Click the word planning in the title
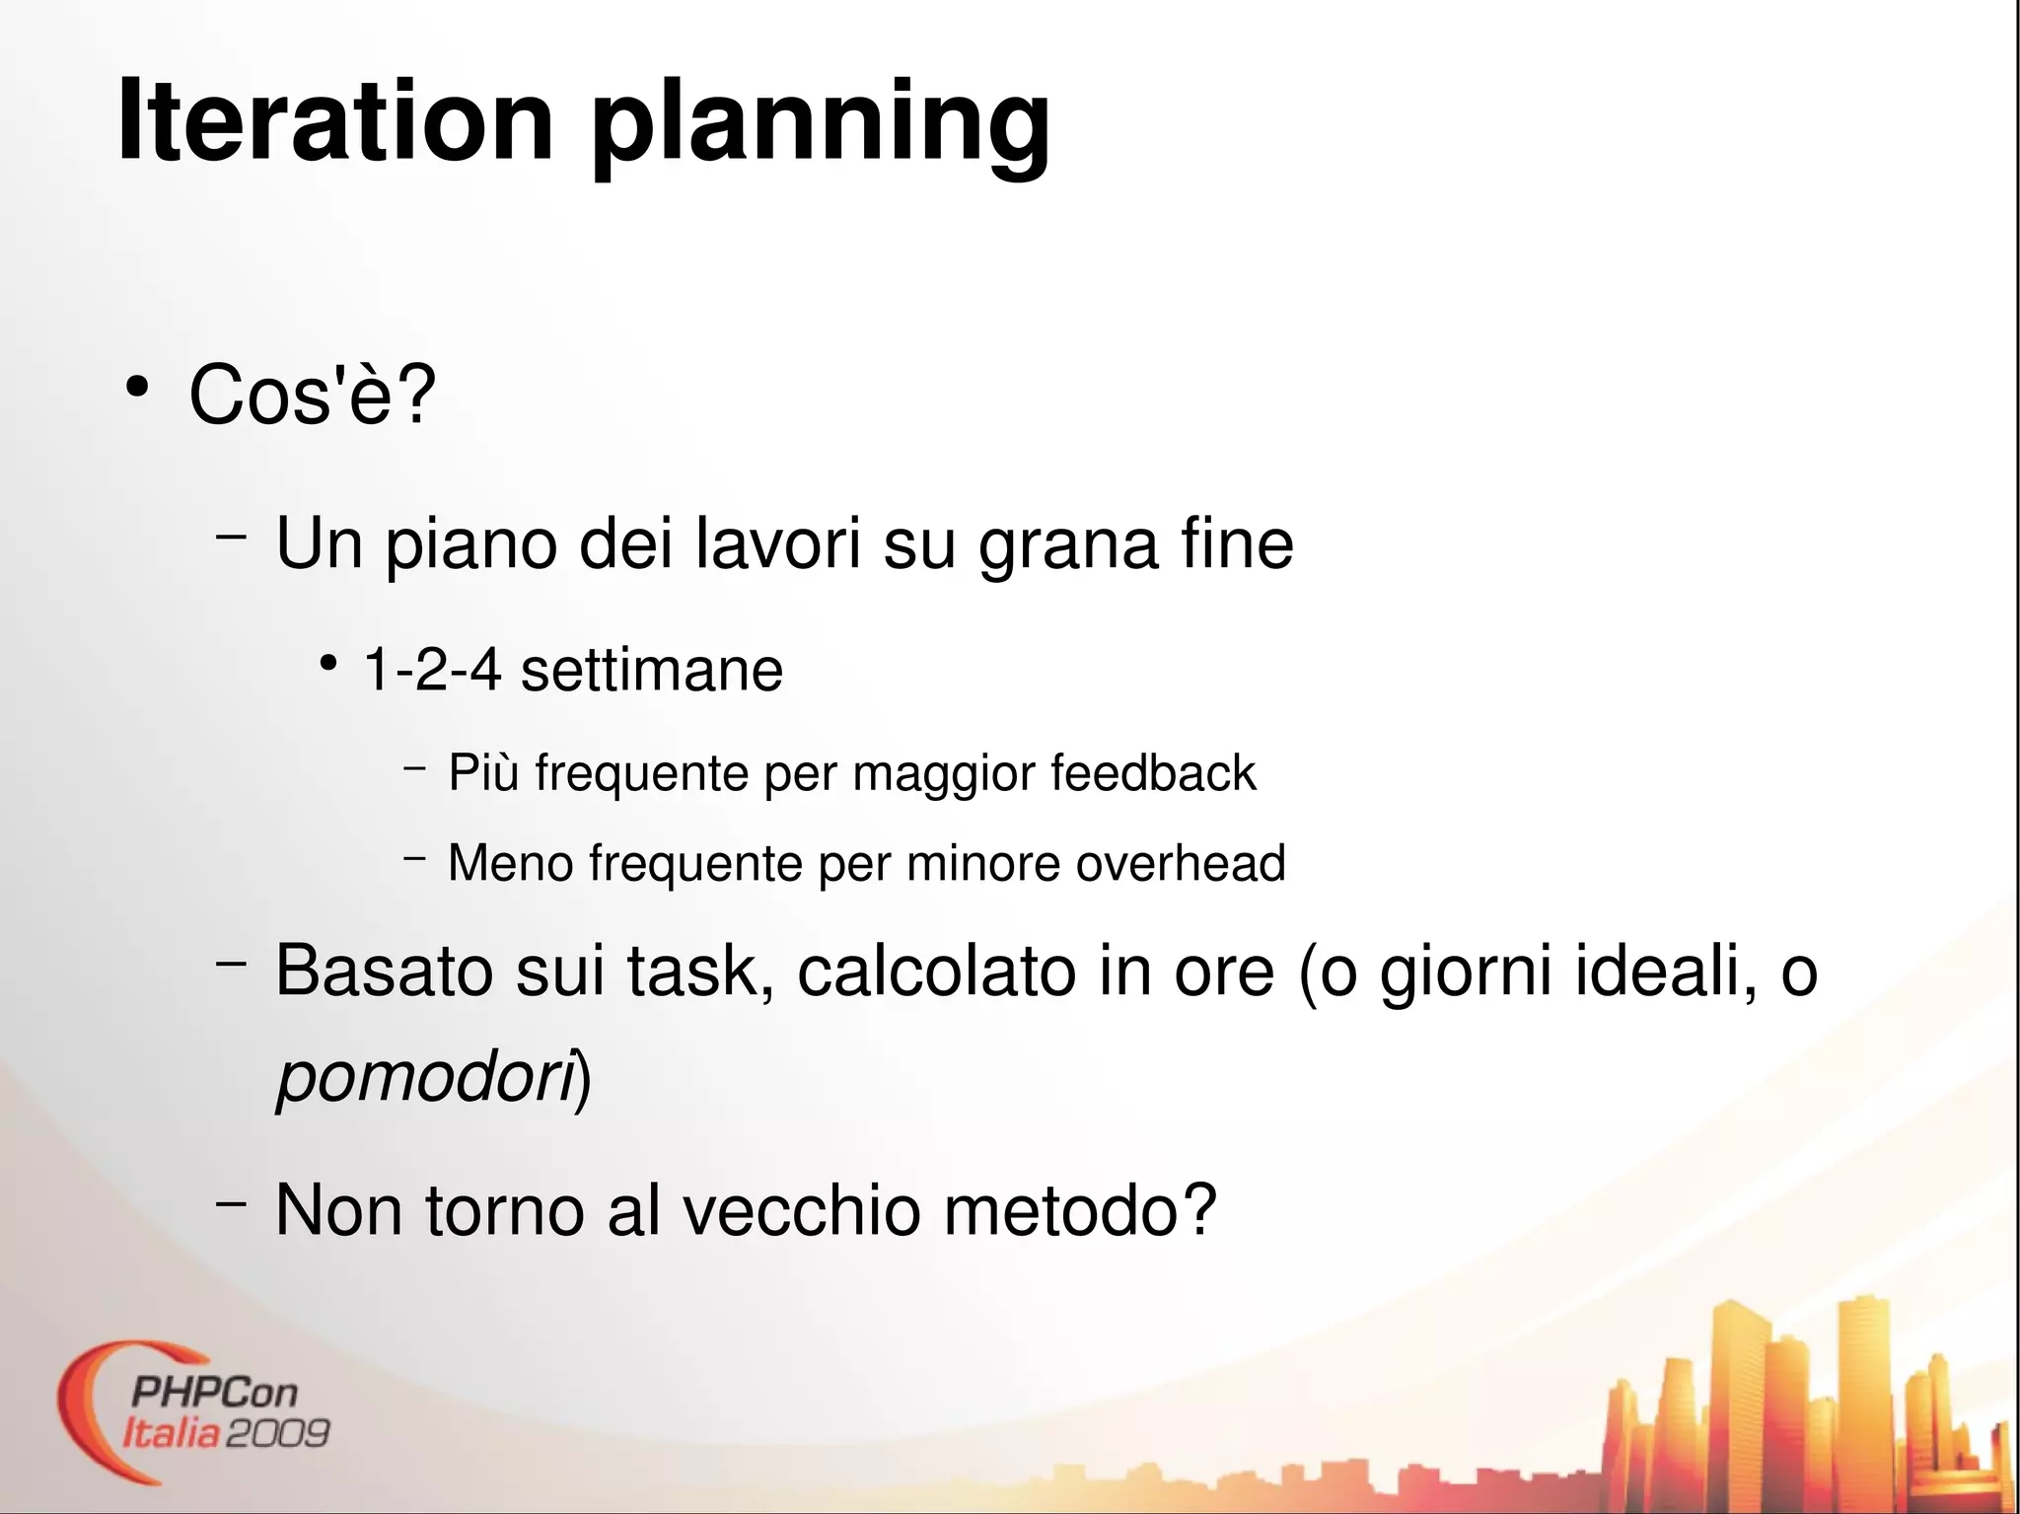821,126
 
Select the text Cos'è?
312,395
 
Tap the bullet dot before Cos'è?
137,388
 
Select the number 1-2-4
433,670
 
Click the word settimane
651,670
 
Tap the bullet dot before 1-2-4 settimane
328,663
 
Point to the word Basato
384,972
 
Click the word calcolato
936,972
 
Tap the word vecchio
802,1210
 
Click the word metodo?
1080,1210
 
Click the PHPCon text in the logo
214,1393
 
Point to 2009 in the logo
277,1433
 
